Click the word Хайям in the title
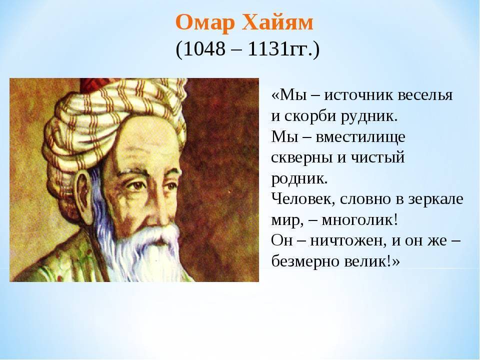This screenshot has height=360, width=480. pos(277,22)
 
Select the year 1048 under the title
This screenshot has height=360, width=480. pos(204,48)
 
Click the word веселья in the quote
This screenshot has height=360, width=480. pos(425,95)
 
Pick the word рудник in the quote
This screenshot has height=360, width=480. pos(367,117)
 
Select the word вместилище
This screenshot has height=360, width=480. pos(360,137)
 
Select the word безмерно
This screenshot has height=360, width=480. pos(305,261)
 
